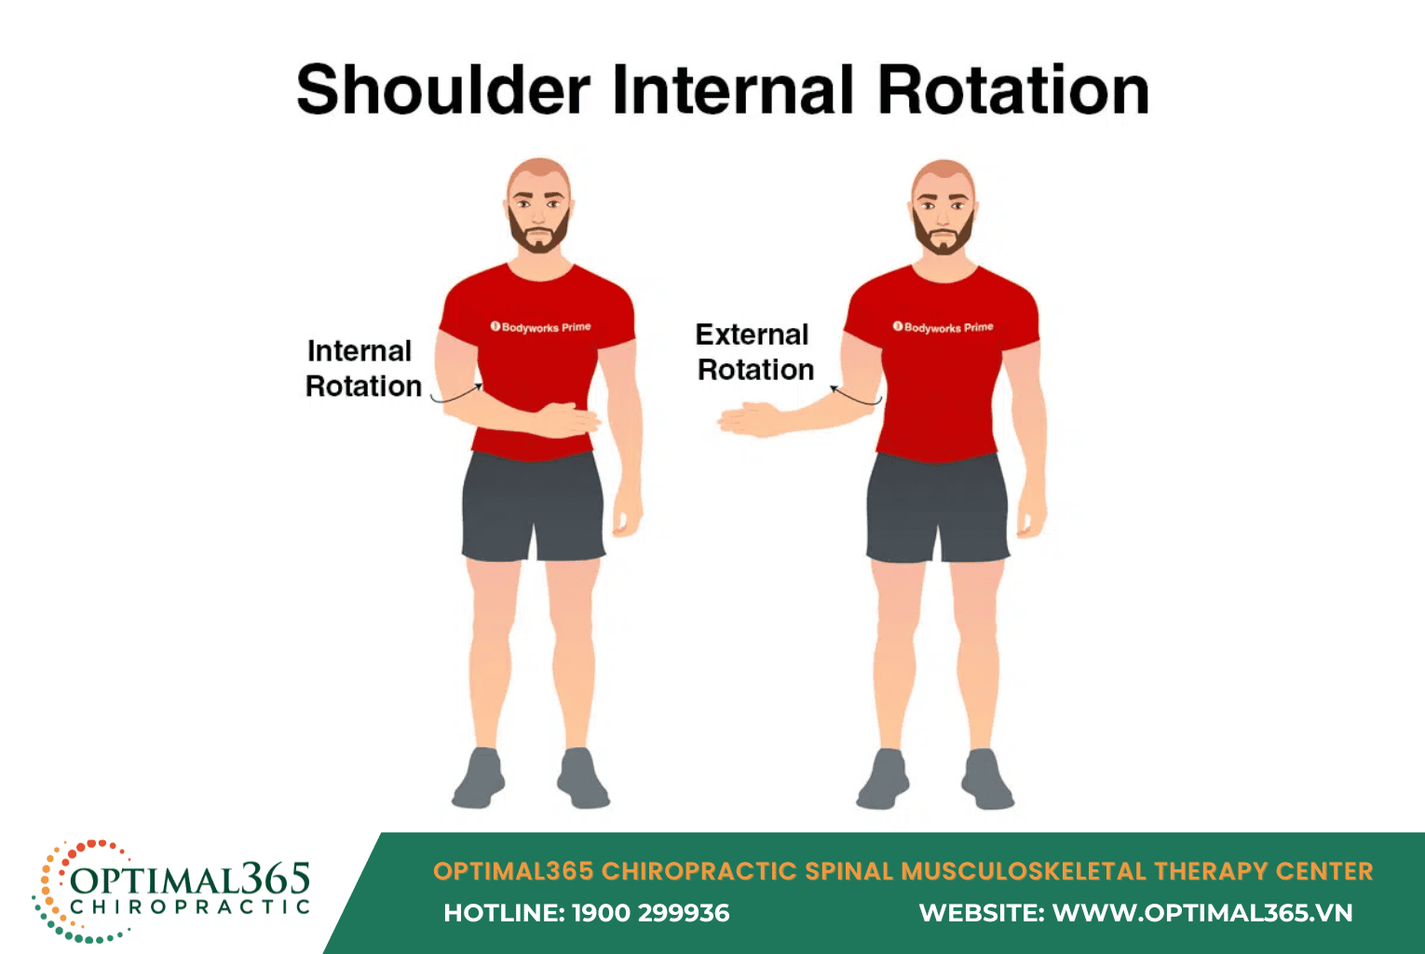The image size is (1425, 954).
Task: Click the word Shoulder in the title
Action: pyautogui.click(x=443, y=90)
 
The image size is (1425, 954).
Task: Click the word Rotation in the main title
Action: pyautogui.click(x=1012, y=90)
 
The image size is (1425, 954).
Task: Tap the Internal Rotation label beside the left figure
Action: pyautogui.click(x=362, y=369)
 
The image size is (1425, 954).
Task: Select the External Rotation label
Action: pyautogui.click(x=754, y=352)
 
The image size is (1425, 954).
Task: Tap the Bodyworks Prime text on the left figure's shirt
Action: pyautogui.click(x=541, y=327)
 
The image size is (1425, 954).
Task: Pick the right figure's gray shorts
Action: pyautogui.click(x=937, y=508)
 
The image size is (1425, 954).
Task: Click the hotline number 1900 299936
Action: pyautogui.click(x=650, y=913)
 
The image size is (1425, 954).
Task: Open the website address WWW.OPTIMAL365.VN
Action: pyautogui.click(x=1201, y=913)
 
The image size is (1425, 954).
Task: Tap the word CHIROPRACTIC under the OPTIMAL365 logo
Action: pyautogui.click(x=190, y=906)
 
